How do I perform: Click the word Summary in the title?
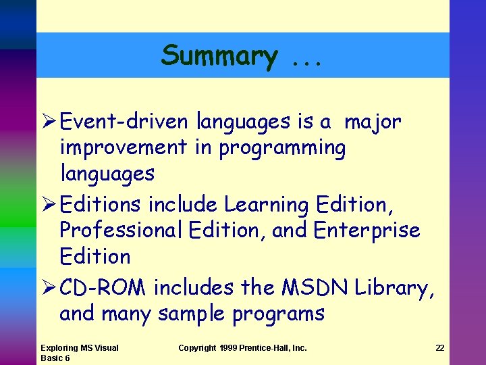(218, 55)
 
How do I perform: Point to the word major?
(373, 122)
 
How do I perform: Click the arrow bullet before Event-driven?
(47, 122)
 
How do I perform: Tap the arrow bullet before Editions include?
(47, 203)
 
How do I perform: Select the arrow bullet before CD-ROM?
(47, 288)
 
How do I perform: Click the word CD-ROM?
(103, 287)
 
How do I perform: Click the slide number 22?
(440, 348)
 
